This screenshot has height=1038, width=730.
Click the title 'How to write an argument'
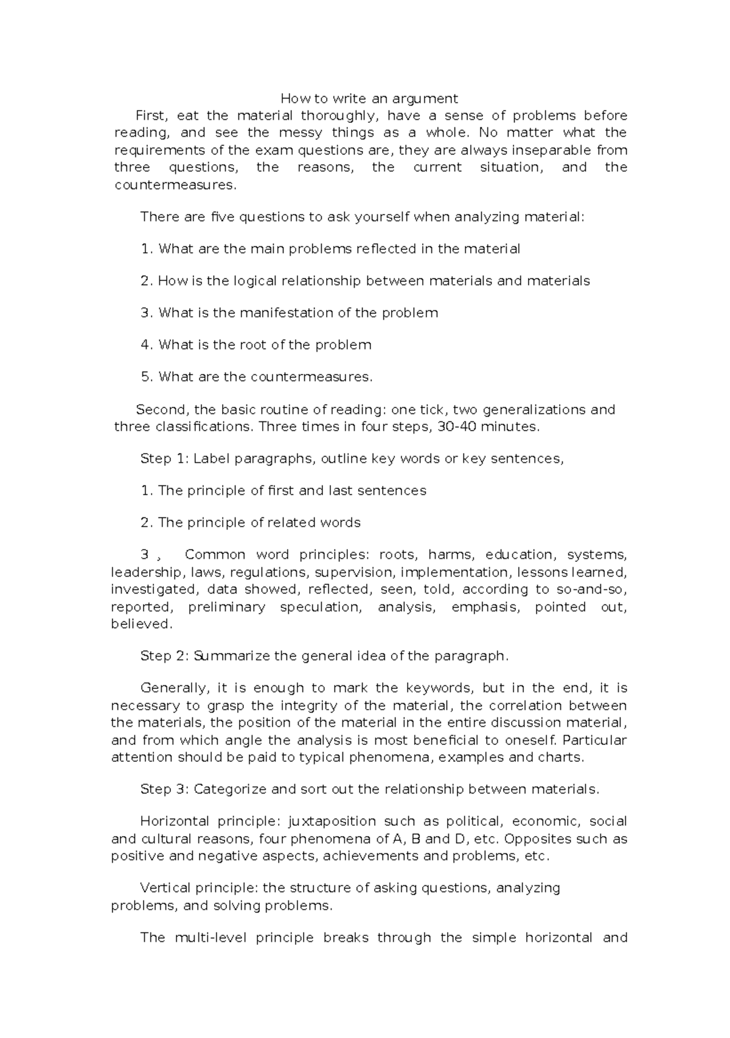click(369, 98)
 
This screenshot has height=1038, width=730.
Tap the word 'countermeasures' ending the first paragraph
click(174, 185)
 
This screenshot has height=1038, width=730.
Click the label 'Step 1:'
click(164, 458)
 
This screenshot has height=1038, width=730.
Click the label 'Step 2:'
click(164, 656)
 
